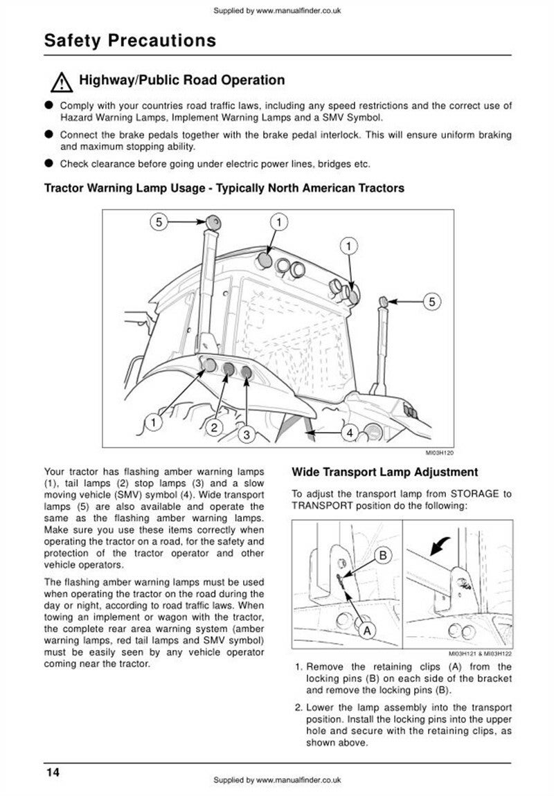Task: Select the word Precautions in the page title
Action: (159, 41)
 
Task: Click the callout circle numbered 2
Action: (215, 427)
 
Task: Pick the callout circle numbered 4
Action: (350, 433)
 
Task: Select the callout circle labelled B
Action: (386, 554)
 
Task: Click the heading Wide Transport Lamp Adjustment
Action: (384, 473)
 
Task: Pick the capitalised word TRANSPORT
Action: (321, 506)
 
